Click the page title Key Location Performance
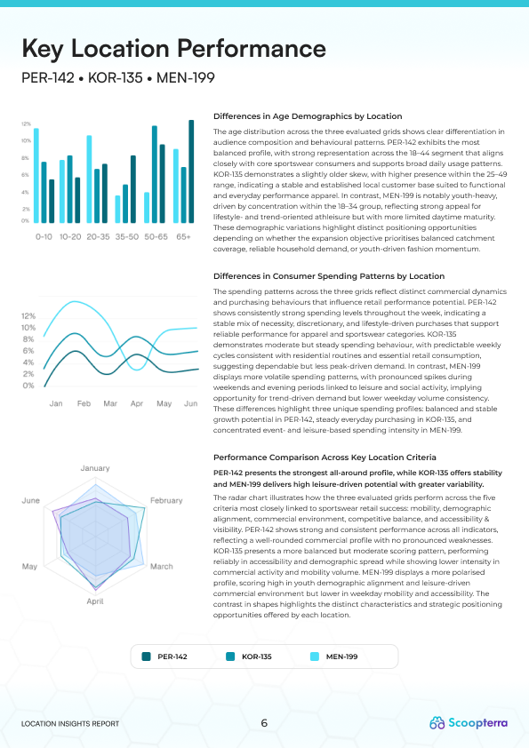coord(173,49)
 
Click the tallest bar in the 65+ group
coord(191,171)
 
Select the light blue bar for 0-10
coord(36,176)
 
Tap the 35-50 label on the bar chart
coord(127,236)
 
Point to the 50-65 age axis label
coord(156,236)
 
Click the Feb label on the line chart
coord(84,403)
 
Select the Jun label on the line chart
coord(191,403)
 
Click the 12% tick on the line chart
coord(28,316)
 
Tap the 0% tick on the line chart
coord(28,386)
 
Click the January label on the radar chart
coord(95,468)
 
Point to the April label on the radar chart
coord(95,601)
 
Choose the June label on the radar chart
coord(30,500)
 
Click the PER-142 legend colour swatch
coord(146,656)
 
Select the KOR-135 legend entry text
coord(257,656)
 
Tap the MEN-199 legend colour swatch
coord(315,656)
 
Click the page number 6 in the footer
coord(265,723)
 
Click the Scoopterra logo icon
coord(437,723)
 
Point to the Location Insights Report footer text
coord(70,724)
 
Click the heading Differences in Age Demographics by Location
coord(308,116)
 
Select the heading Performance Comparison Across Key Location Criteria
coord(325,458)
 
